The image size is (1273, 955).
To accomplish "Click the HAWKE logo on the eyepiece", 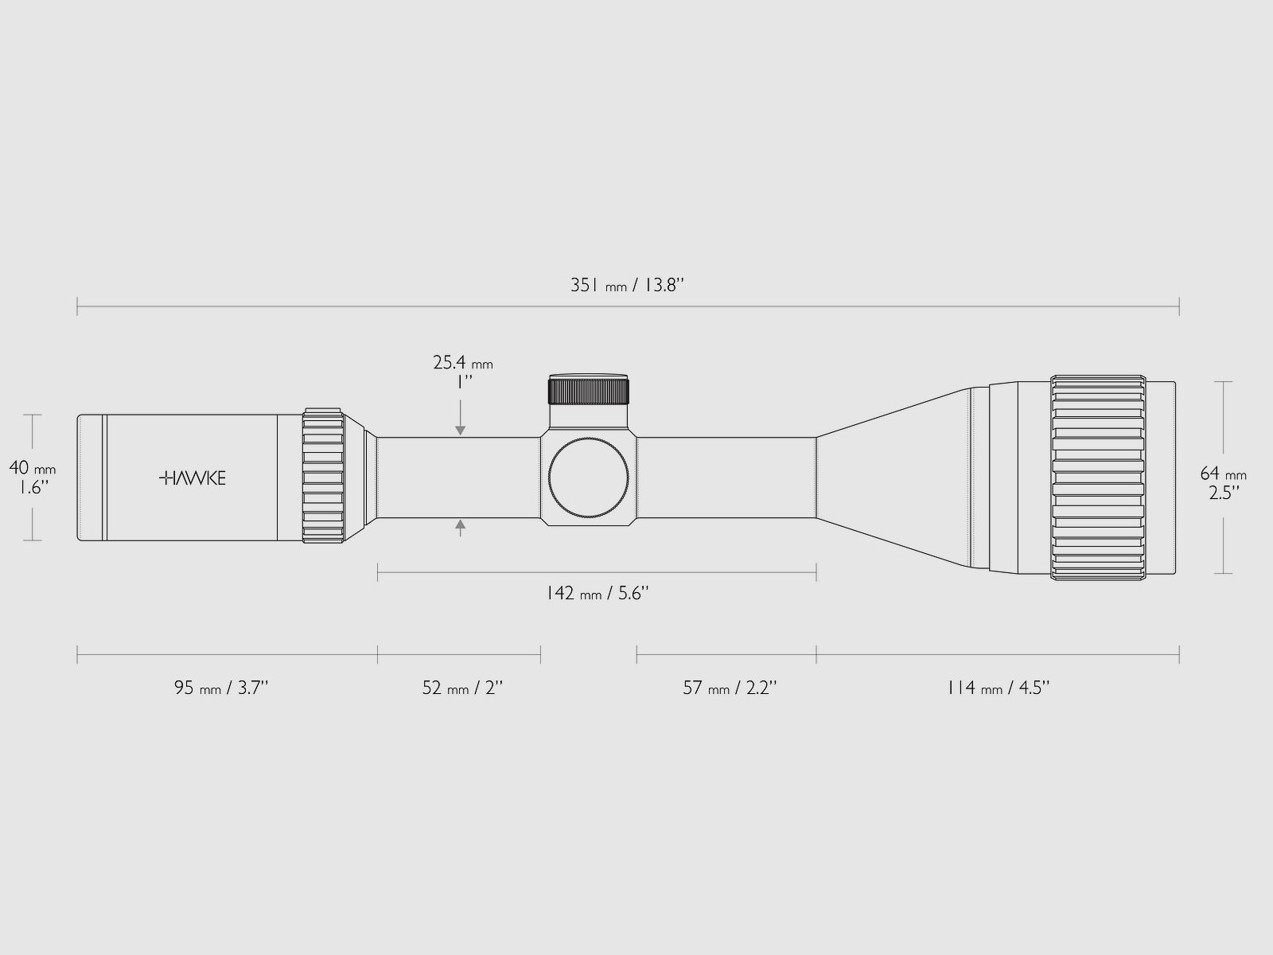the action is (192, 477).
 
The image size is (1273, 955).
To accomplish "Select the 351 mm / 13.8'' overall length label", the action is (627, 285).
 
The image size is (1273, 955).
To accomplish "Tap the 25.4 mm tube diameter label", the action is (463, 363).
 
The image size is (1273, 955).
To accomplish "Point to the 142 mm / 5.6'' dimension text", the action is (598, 593).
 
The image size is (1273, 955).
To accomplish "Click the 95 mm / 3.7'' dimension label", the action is (221, 688).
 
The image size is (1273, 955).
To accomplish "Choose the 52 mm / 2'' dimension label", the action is (462, 688).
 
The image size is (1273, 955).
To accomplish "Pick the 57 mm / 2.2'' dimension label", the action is (729, 688).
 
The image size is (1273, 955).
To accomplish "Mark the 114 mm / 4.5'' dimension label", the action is (998, 688).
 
